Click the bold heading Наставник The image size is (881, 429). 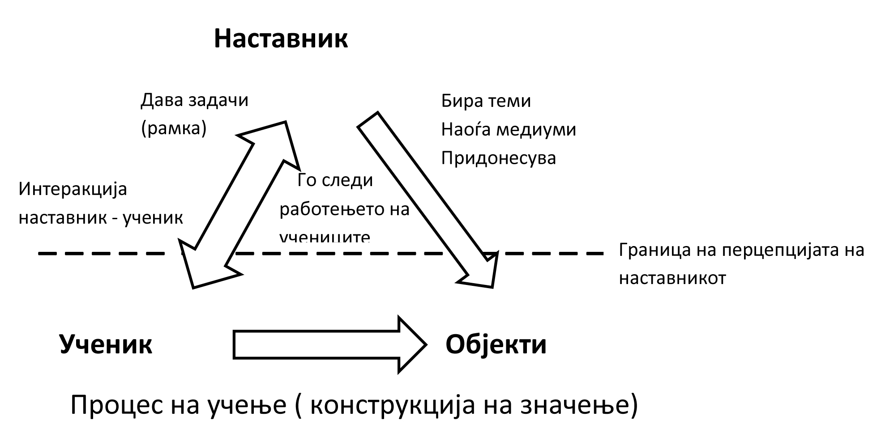tap(281, 38)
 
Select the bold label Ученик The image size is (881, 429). tap(106, 344)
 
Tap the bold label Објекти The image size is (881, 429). tap(496, 344)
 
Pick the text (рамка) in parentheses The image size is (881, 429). tap(174, 129)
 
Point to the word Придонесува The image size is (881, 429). tap(498, 158)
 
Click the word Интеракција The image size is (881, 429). tap(73, 189)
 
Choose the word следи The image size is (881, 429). tap(347, 180)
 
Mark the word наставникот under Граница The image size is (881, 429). tap(672, 278)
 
